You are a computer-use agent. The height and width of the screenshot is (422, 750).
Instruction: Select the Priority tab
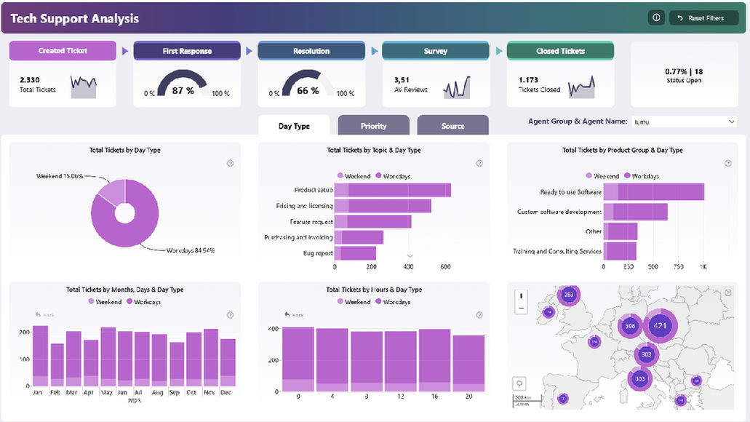373,126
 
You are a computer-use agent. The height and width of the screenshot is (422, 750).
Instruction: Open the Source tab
452,126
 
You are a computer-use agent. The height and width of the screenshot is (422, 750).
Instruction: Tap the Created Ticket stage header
63,51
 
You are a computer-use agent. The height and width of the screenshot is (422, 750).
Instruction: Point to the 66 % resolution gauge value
308,90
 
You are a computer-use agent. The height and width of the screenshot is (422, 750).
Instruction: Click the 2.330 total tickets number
30,79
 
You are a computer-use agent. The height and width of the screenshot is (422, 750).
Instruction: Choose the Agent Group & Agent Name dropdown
685,122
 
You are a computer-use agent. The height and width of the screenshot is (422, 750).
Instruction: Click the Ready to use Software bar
654,192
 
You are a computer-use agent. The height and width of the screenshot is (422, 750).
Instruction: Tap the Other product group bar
621,231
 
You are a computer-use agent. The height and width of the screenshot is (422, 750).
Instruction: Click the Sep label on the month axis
175,392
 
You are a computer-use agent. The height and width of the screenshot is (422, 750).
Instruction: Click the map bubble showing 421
661,326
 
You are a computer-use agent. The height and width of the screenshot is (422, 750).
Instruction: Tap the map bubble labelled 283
569,295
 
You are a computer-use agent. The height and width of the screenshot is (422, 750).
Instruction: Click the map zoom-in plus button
521,296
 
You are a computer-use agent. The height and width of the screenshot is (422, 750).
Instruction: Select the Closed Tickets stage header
560,51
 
